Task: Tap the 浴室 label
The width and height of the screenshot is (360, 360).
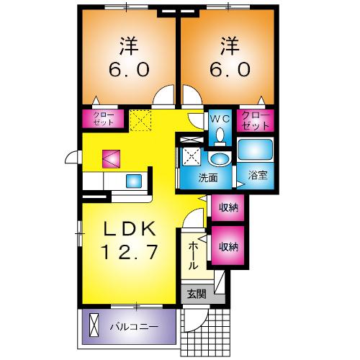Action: (256, 174)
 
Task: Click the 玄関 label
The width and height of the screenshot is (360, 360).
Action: (196, 294)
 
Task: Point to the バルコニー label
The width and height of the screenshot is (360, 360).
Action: (133, 325)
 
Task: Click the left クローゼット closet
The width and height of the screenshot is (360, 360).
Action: (102, 119)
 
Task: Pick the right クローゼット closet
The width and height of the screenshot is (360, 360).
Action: (256, 120)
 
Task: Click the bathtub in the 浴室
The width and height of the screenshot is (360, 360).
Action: (255, 150)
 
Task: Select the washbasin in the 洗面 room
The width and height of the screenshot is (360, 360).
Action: (217, 159)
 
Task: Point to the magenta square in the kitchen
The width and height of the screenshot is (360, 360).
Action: (111, 158)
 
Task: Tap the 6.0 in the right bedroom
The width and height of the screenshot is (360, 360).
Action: (230, 70)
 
